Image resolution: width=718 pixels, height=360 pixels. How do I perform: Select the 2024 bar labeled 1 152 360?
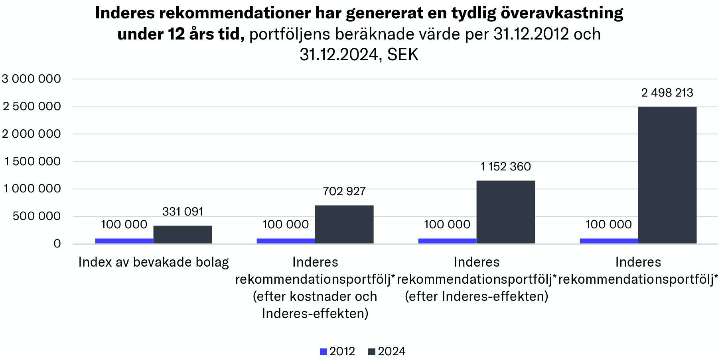click(505, 212)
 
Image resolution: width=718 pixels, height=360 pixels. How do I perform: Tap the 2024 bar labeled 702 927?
click(344, 224)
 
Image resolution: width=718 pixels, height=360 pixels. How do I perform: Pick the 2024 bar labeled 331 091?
click(182, 235)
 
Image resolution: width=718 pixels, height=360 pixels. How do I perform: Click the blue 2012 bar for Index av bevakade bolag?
click(124, 241)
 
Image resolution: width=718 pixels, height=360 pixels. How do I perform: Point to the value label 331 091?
click(183, 212)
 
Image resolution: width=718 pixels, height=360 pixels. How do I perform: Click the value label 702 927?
click(344, 192)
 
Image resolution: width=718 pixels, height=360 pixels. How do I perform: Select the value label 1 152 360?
click(505, 166)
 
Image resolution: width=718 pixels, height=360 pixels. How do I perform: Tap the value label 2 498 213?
click(667, 93)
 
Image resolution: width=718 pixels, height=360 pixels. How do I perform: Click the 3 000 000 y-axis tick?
click(32, 79)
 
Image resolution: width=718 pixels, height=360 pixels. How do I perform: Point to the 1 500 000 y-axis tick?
click(32, 161)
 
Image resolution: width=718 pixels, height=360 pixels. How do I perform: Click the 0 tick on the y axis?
click(57, 243)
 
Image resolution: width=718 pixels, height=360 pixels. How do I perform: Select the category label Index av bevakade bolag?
click(154, 262)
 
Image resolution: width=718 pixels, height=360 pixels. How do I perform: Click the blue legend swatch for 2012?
click(323, 352)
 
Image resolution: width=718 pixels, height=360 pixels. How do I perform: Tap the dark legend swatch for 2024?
click(372, 352)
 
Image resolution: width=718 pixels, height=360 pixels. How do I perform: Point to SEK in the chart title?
click(402, 55)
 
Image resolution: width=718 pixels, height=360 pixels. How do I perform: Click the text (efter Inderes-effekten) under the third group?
click(476, 297)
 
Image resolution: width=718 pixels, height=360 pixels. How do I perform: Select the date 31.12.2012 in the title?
click(531, 34)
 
